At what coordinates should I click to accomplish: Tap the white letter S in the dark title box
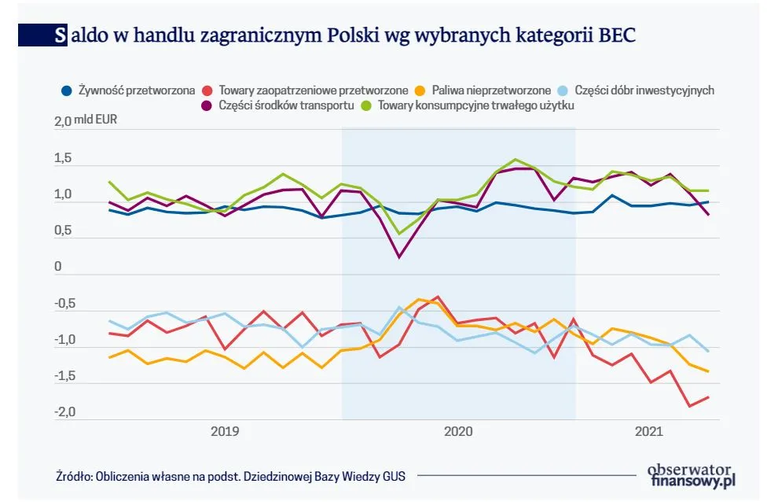pos(61,36)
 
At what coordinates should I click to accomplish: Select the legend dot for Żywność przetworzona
pos(68,90)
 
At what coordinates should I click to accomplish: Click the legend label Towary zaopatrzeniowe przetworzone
pos(314,90)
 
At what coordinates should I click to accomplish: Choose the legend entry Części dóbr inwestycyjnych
pos(644,90)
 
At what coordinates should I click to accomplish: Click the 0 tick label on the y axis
pos(58,268)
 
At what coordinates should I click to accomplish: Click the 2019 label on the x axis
pos(226,431)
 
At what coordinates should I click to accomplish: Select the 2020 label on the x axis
pos(458,431)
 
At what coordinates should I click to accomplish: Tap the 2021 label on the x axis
pos(648,431)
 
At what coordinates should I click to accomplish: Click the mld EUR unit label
pos(95,123)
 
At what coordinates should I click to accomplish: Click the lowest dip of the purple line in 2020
pos(399,257)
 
